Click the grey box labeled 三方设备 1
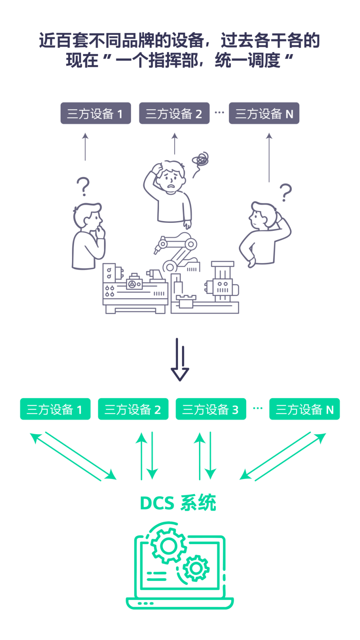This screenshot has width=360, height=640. (x=96, y=113)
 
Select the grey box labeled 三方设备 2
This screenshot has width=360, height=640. (x=174, y=113)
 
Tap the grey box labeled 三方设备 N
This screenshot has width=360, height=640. (x=264, y=113)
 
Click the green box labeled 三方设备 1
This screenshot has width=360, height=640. (x=55, y=409)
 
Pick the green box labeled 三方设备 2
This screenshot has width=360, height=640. (x=133, y=409)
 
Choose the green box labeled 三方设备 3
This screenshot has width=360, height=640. (x=211, y=409)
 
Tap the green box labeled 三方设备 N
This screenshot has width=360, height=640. (x=305, y=409)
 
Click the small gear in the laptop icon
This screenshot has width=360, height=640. (x=196, y=568)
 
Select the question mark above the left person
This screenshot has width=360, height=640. (x=83, y=186)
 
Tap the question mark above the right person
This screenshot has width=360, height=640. (x=286, y=192)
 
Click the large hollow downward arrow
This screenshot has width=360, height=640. (x=180, y=360)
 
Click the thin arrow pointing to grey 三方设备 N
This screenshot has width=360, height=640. (x=269, y=157)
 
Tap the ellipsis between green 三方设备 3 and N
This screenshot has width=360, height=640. (x=258, y=408)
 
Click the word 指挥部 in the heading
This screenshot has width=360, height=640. (x=173, y=60)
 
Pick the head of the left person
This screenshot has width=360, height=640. (x=87, y=216)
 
